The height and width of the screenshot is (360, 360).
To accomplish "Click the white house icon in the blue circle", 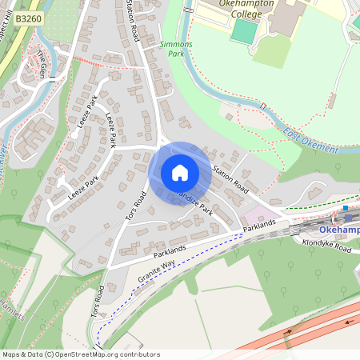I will (180, 173).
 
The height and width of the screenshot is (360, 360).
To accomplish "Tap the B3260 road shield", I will (28, 17).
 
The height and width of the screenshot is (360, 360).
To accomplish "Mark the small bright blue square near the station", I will (346, 208).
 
